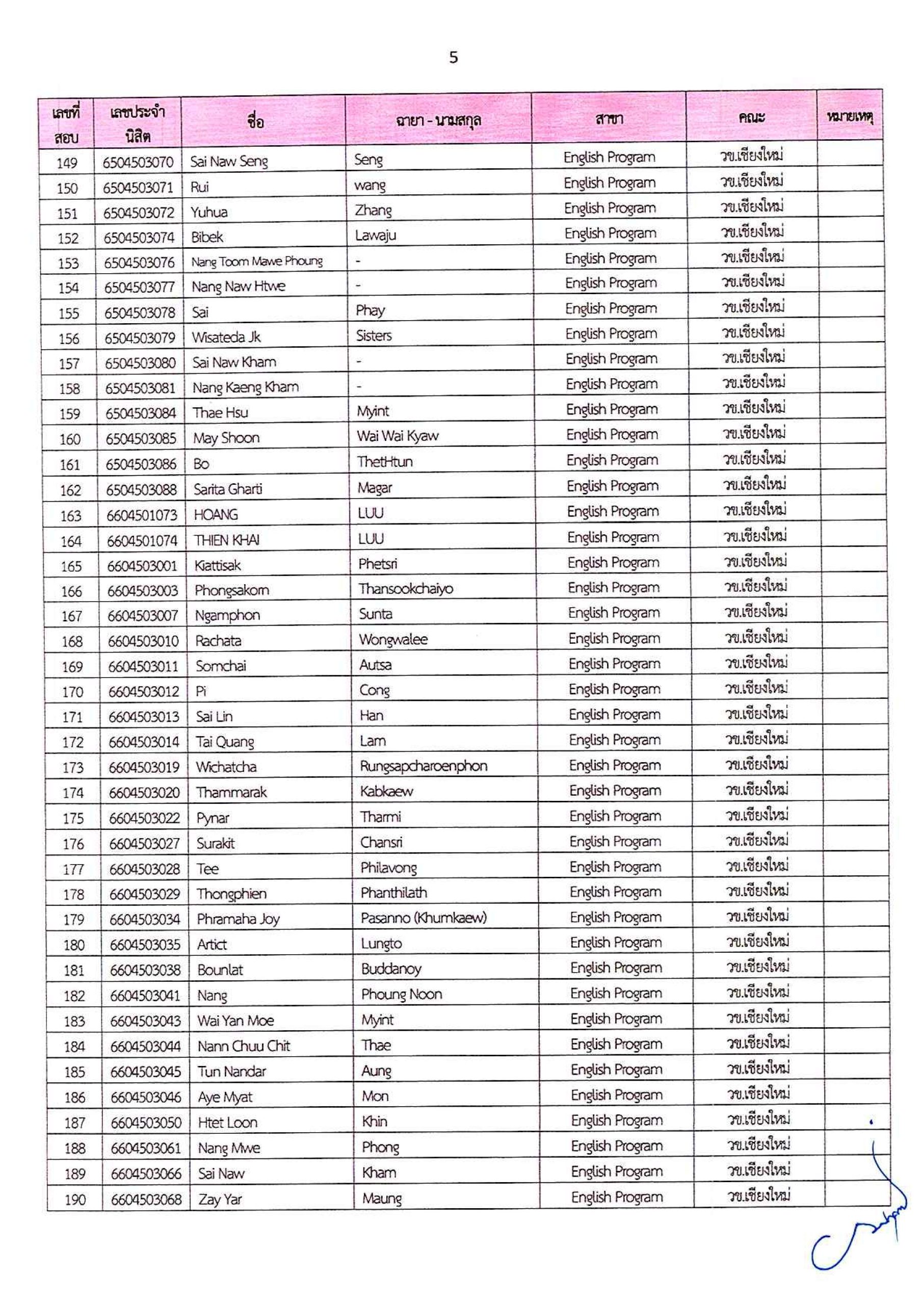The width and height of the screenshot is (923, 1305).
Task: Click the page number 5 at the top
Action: (x=453, y=58)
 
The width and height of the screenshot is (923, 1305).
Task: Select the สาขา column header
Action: (x=609, y=119)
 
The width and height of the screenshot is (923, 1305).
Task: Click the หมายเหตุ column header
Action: (x=850, y=117)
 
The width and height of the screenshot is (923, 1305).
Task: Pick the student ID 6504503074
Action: (x=139, y=238)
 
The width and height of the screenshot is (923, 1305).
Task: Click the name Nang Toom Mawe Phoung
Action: (x=256, y=262)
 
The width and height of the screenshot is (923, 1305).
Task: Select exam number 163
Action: (x=70, y=516)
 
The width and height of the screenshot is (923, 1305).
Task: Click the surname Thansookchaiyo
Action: (x=405, y=589)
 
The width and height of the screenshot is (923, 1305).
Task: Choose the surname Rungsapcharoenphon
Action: (x=423, y=766)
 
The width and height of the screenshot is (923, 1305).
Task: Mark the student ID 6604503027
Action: (x=144, y=844)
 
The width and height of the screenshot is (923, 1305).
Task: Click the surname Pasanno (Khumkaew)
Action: (x=424, y=918)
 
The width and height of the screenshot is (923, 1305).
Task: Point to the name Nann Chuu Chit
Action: (x=243, y=1046)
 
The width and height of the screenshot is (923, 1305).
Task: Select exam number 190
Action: (x=74, y=1200)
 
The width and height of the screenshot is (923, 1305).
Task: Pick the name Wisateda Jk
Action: (x=226, y=337)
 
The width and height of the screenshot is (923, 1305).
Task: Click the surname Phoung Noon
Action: (x=401, y=994)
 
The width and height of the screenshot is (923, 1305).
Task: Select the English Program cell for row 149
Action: (x=609, y=158)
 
